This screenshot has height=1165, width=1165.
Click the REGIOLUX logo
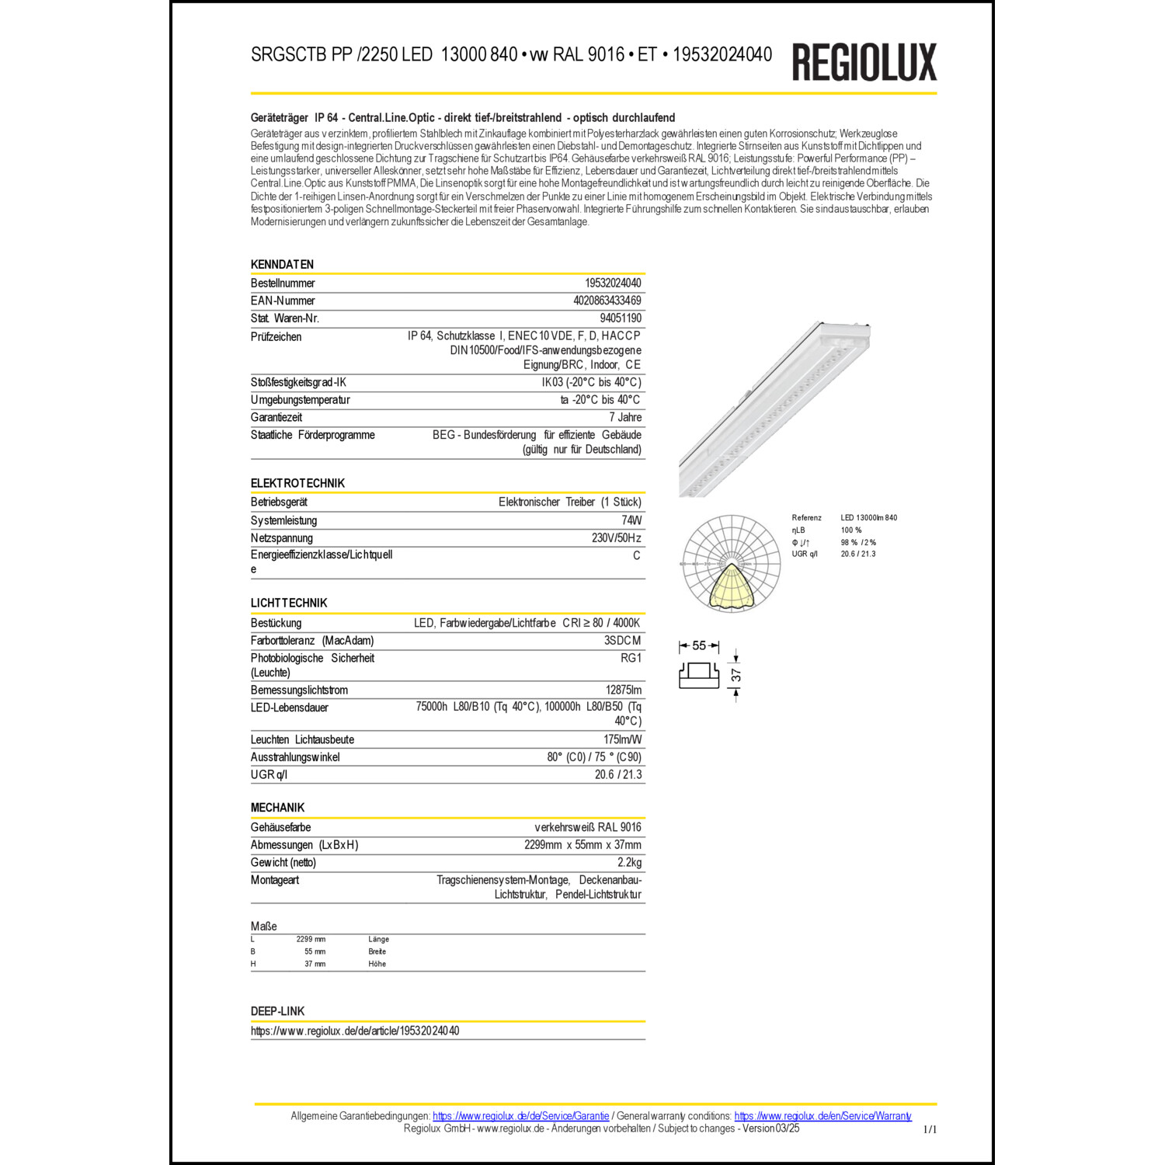864,62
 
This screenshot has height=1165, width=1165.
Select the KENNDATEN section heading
282,264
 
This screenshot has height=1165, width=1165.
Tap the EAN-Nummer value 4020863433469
607,301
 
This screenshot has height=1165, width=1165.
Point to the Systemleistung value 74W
631,520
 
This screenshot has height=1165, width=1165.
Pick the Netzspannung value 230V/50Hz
616,537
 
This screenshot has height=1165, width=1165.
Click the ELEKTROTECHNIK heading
297,483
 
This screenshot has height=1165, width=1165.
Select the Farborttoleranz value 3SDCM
622,641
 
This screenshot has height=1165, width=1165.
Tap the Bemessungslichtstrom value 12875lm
623,690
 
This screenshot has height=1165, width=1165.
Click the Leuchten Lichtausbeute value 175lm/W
622,739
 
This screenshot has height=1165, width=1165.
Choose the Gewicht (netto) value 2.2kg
629,862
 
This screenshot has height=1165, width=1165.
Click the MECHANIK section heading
277,808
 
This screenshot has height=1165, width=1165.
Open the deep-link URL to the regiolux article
355,1031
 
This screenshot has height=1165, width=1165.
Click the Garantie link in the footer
520,1116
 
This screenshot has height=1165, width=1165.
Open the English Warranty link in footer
822,1116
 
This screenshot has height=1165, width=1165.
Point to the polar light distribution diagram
730,563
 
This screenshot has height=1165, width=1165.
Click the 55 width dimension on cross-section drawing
699,645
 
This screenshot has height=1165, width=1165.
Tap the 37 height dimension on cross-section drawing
736,675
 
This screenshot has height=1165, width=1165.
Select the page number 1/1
930,1129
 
